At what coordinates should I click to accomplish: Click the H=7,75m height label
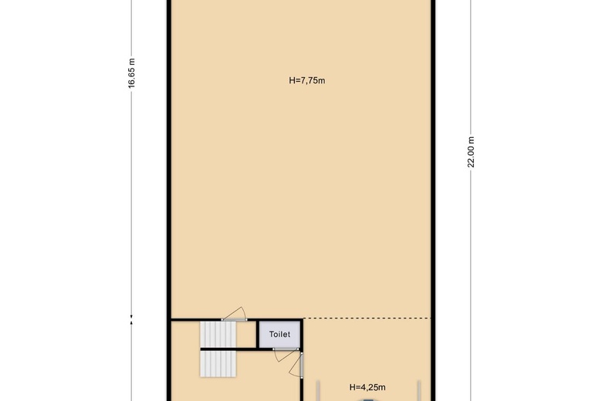(306, 80)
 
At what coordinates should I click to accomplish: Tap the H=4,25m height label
(367, 387)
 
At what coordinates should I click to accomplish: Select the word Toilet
(279, 334)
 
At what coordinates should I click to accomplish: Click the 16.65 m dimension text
(132, 73)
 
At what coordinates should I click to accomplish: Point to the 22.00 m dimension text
(471, 152)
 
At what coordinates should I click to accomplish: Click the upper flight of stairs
(218, 334)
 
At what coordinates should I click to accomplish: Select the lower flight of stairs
(218, 364)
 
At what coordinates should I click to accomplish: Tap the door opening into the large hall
(234, 314)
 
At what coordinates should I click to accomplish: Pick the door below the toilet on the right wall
(296, 365)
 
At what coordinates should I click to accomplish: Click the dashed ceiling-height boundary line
(367, 318)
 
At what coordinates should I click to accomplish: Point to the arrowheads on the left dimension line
(132, 320)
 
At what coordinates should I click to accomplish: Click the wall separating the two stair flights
(228, 349)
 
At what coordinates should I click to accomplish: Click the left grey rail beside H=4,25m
(318, 391)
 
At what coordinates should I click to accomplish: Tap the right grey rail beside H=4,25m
(419, 391)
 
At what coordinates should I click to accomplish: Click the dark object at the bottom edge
(368, 400)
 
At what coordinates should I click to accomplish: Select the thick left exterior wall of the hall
(169, 200)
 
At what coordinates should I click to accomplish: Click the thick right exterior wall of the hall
(433, 200)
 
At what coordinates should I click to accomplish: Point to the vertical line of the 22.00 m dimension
(471, 200)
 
